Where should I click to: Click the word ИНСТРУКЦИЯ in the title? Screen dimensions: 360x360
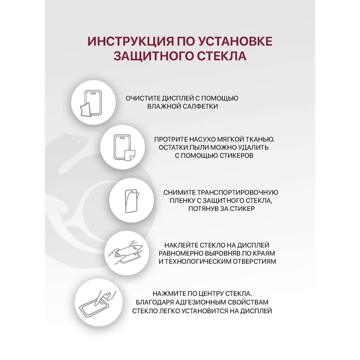coord(130,41)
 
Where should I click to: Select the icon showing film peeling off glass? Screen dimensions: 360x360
coord(131,200)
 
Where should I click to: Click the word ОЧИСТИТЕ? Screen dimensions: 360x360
coord(143,98)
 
